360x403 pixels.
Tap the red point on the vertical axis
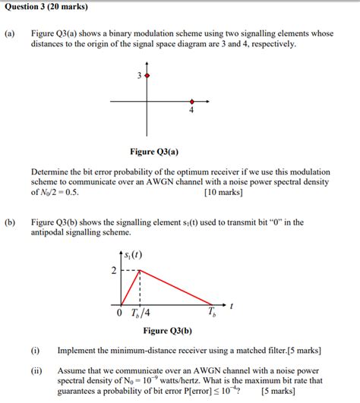[147, 77]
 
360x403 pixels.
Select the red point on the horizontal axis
[191, 101]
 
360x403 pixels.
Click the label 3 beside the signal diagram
[139, 77]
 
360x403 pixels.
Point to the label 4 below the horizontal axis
[191, 111]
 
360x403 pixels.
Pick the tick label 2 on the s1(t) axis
[114, 271]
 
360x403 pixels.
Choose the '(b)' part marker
[10, 222]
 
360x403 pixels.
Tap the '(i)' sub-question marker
[36, 351]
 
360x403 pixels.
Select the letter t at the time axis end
[231, 304]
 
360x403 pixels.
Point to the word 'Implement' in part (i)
[78, 351]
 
